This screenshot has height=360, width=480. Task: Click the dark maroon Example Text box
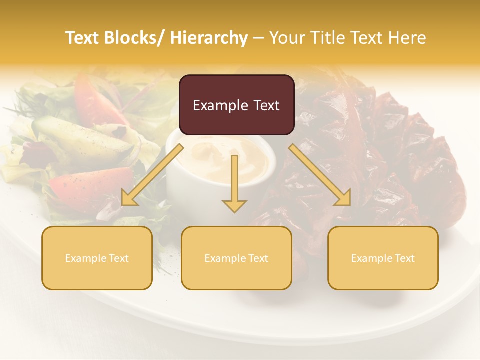pos(236,105)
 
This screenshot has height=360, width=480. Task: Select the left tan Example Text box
pos(97,258)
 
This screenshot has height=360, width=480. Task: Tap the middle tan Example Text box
pos(236,258)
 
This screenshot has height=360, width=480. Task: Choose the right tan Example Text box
pos(383,258)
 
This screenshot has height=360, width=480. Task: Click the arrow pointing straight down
pos(234,185)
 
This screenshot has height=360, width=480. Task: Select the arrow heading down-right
pos(320,175)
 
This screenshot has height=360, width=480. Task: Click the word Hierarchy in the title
pos(209,38)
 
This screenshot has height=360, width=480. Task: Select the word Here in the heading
pos(407,38)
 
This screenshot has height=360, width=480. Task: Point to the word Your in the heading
pos(288,38)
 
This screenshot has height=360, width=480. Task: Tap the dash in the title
pos(258,38)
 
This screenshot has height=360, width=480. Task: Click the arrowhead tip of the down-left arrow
pos(123,204)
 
